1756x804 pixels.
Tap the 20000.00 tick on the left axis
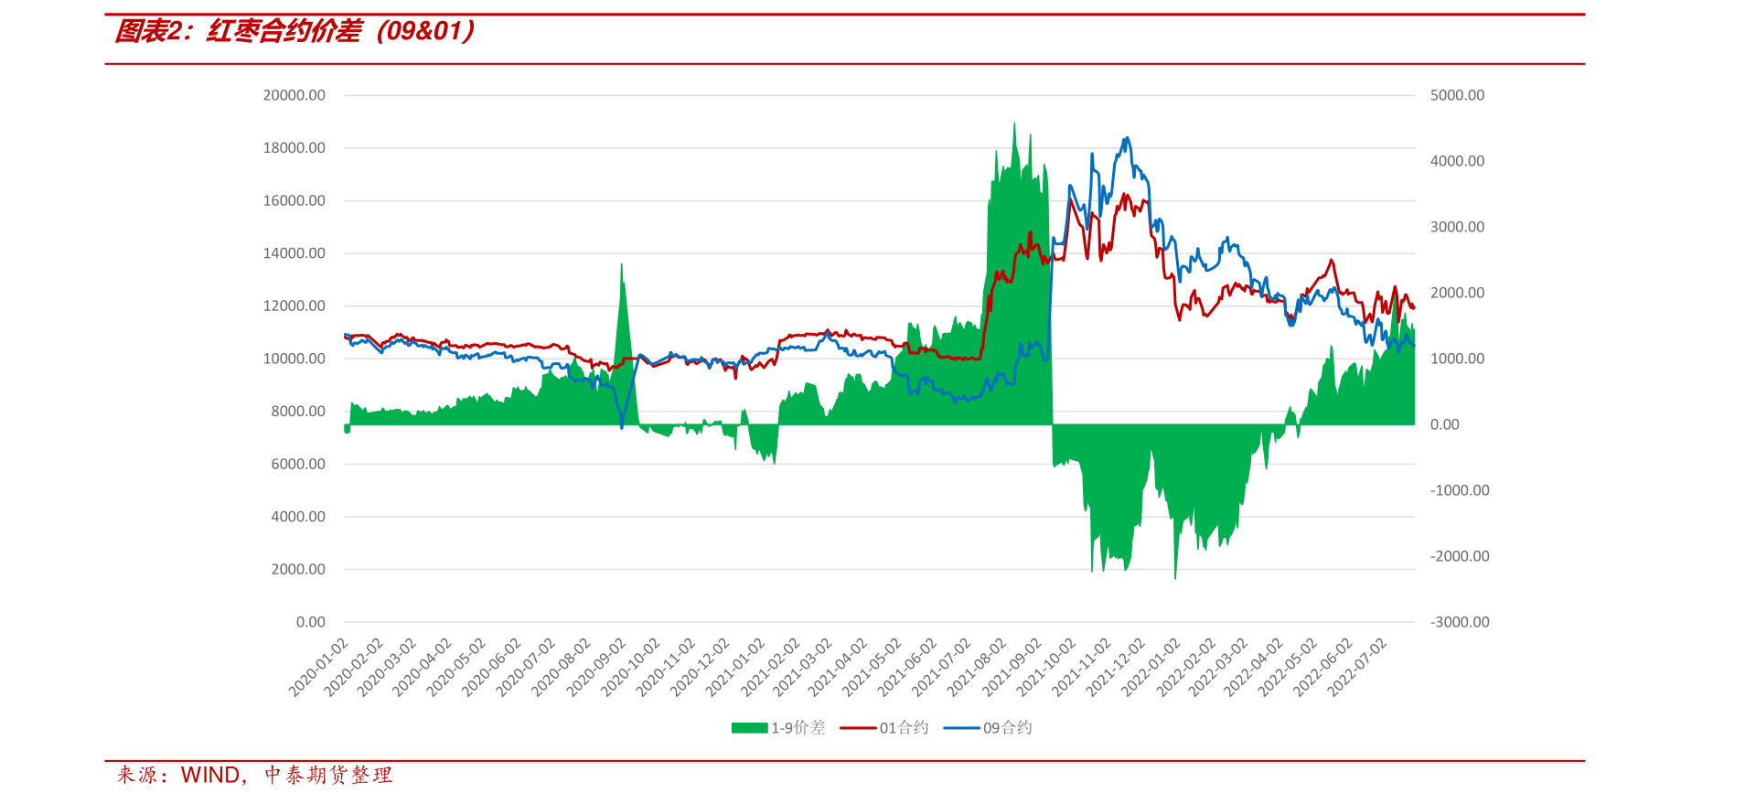click(294, 95)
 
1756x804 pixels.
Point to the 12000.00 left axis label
click(294, 306)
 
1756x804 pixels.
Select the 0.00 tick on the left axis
click(310, 622)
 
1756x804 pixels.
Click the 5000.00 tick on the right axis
click(1457, 95)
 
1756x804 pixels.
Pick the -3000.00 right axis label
click(1460, 622)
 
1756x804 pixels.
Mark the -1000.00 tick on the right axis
click(1460, 490)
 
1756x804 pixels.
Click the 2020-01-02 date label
click(319, 668)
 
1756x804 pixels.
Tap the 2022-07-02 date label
click(1358, 668)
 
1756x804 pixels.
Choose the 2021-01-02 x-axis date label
click(736, 668)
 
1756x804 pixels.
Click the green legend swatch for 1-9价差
click(749, 728)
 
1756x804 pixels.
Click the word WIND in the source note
click(210, 776)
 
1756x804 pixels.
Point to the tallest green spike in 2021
click(1014, 124)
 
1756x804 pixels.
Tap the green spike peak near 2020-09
click(622, 265)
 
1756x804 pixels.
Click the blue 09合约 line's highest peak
click(1127, 138)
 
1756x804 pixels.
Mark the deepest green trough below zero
click(1175, 577)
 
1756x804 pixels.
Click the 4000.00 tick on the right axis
click(1457, 161)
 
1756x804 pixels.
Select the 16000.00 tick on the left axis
click(294, 200)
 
